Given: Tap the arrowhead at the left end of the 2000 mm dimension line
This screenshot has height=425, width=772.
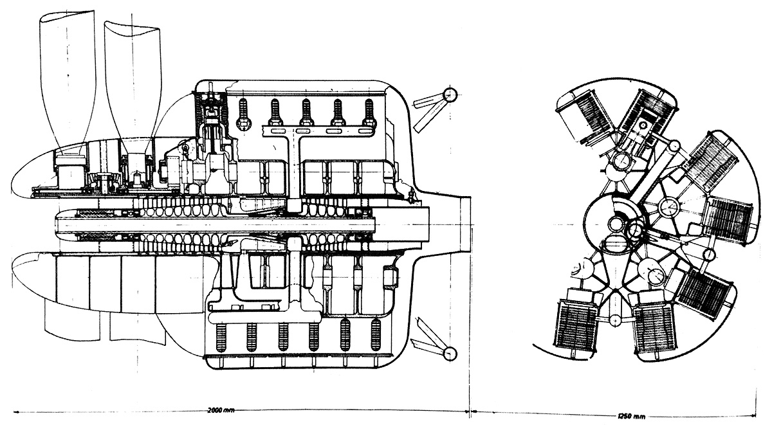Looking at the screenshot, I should click(15, 410).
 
